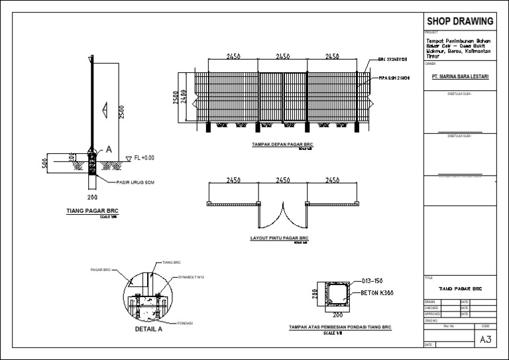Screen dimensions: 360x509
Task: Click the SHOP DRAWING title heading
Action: [x=460, y=21]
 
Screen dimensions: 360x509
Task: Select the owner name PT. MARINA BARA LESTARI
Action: [x=460, y=77]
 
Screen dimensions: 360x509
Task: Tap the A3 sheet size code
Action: [x=485, y=339]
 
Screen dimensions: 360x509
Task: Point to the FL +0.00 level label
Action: [x=144, y=158]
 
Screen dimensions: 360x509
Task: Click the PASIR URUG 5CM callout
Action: [x=135, y=182]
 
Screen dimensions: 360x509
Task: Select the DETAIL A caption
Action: [x=148, y=328]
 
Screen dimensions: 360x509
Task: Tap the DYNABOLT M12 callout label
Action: [x=191, y=277]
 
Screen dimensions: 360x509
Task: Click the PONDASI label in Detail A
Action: [x=185, y=323]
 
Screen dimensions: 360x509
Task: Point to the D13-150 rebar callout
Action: [x=375, y=281]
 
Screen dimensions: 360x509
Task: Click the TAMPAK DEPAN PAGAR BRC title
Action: [x=282, y=144]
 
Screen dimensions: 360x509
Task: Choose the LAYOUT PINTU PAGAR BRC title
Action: [x=280, y=237]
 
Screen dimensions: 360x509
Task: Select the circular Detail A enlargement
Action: [x=148, y=298]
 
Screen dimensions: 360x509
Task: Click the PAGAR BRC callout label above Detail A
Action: [x=101, y=270]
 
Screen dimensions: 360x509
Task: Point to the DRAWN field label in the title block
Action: [x=431, y=302]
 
